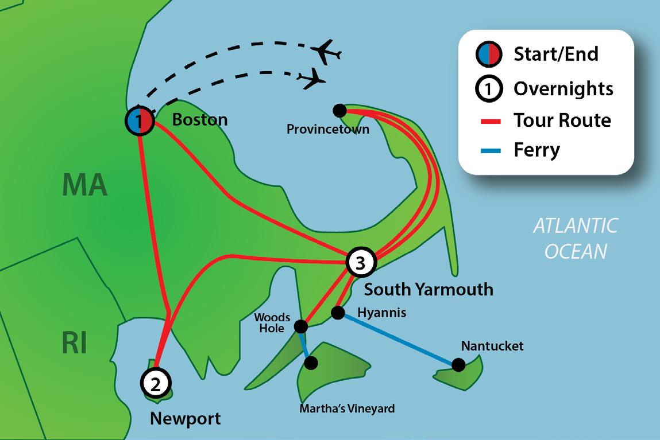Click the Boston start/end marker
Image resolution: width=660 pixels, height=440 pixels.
pyautogui.click(x=140, y=121)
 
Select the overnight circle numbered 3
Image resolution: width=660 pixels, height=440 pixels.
pyautogui.click(x=360, y=263)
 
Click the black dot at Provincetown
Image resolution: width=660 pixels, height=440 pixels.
pyautogui.click(x=339, y=110)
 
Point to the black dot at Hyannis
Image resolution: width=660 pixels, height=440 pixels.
pyautogui.click(x=338, y=313)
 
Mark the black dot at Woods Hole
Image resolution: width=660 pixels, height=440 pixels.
pyautogui.click(x=300, y=327)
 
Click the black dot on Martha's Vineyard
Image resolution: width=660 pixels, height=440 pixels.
pyautogui.click(x=311, y=363)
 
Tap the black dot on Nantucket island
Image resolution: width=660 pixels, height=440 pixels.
pyautogui.click(x=458, y=364)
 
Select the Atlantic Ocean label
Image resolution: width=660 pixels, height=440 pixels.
pyautogui.click(x=575, y=238)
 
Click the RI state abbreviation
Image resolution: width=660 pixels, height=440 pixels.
pyautogui.click(x=75, y=344)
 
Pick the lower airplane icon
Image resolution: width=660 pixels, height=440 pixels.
pyautogui.click(x=311, y=78)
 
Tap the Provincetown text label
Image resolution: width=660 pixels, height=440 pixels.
pyautogui.click(x=327, y=130)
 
